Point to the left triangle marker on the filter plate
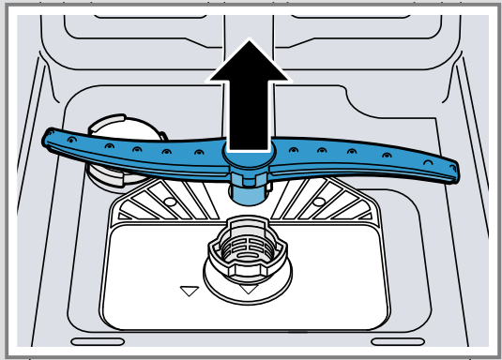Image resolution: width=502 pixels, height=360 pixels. (x=190, y=292)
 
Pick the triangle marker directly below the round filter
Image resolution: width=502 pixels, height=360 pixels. (x=249, y=290)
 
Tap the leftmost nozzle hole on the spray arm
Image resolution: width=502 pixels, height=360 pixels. (x=72, y=139)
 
